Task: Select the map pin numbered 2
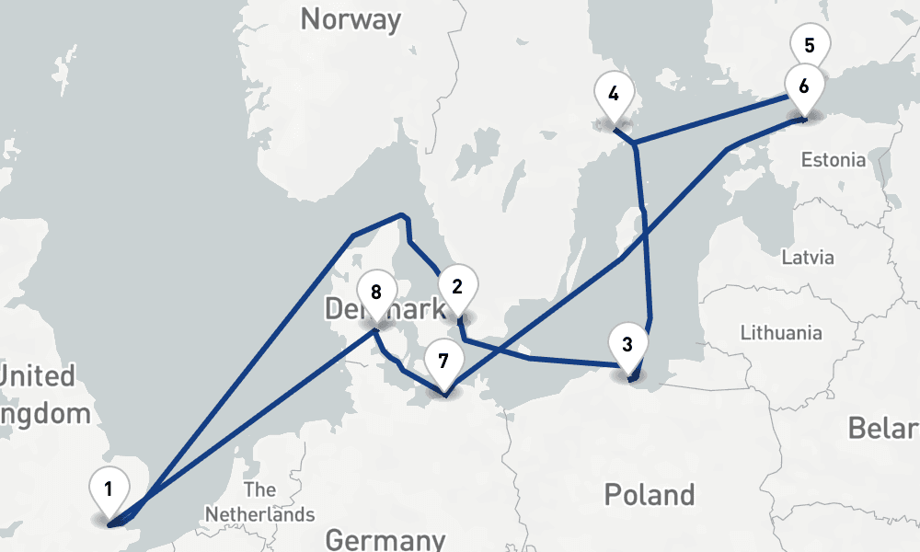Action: pyautogui.click(x=457, y=286)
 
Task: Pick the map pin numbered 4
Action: pyautogui.click(x=614, y=94)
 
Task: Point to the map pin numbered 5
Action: pyautogui.click(x=810, y=45)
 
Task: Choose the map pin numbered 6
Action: pyautogui.click(x=804, y=87)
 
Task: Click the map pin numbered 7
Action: pyautogui.click(x=443, y=361)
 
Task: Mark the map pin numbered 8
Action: pyautogui.click(x=375, y=293)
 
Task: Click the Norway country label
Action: pyautogui.click(x=351, y=19)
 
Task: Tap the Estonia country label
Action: pyautogui.click(x=833, y=160)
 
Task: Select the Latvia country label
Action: pyautogui.click(x=807, y=257)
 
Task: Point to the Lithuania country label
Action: pyautogui.click(x=781, y=333)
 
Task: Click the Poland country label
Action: pyautogui.click(x=649, y=494)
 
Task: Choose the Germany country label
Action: pyautogui.click(x=385, y=539)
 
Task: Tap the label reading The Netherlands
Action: pyautogui.click(x=260, y=502)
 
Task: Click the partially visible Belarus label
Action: pyautogui.click(x=883, y=428)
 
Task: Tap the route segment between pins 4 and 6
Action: pyautogui.click(x=718, y=119)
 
